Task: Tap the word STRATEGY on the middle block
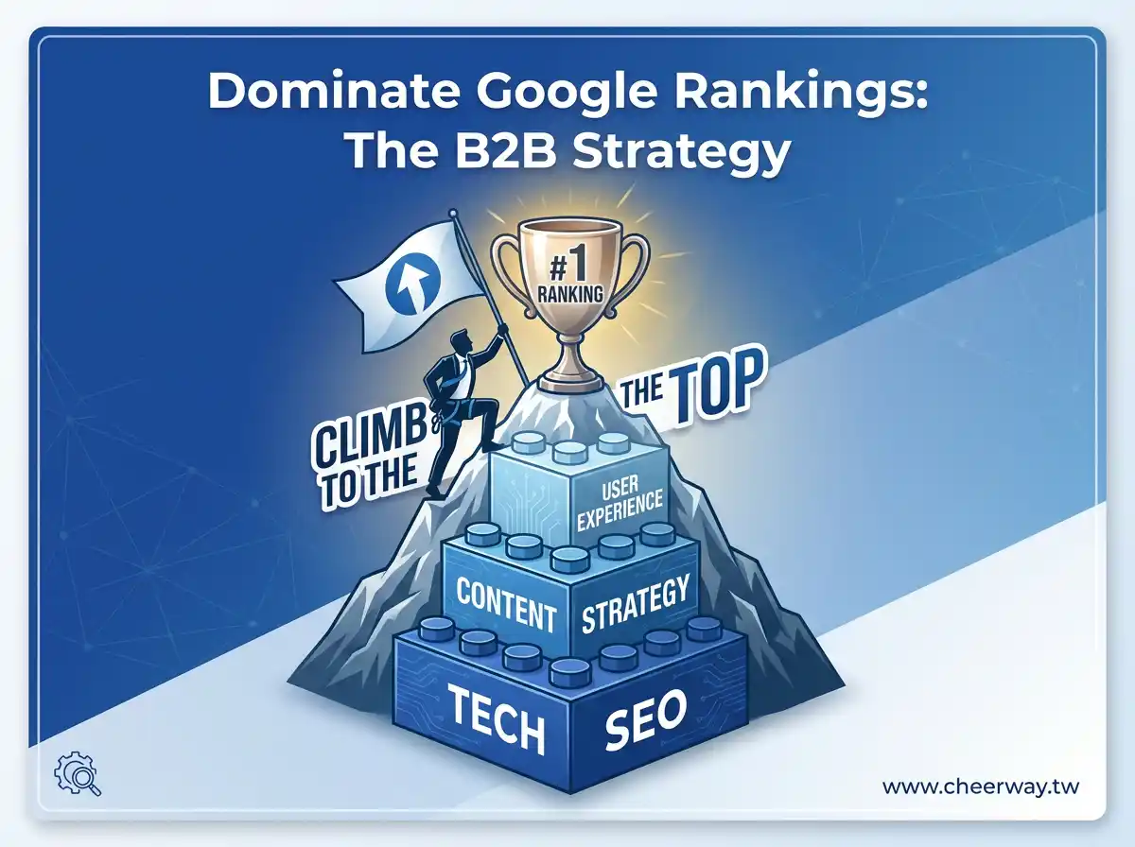tap(634, 606)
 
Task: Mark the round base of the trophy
tap(570, 380)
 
